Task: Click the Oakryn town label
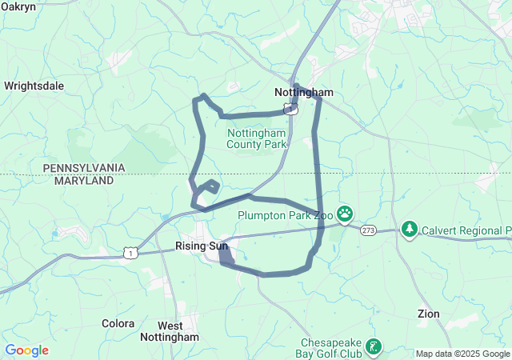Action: pos(18,6)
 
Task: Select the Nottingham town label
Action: pos(303,93)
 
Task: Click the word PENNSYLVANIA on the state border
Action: pos(84,167)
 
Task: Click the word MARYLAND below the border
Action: pos(83,181)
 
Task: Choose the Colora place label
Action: pos(118,323)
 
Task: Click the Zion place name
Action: pos(429,314)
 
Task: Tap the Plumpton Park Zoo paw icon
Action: pos(345,214)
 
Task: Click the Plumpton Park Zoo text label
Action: pos(284,214)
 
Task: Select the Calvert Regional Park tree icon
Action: pos(410,230)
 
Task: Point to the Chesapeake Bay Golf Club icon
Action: pos(373,346)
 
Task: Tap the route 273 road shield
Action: pos(368,230)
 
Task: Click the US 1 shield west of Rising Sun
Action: pos(130,252)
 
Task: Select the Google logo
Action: pos(26,350)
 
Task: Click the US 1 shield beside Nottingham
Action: pos(293,109)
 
